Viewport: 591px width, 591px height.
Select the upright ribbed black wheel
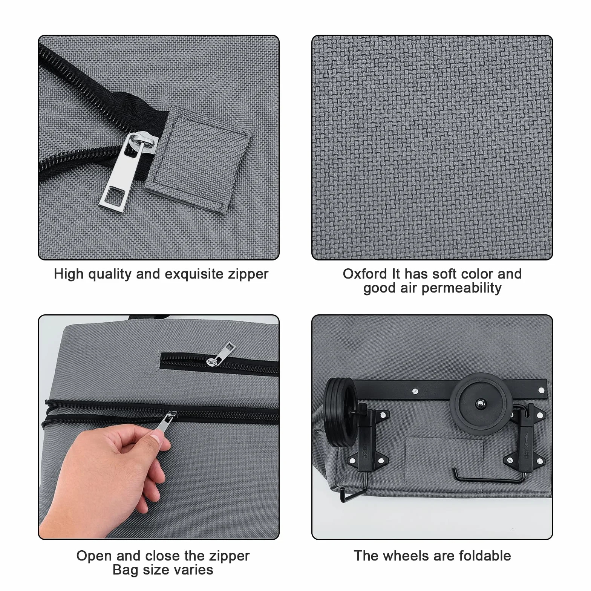(x=340, y=412)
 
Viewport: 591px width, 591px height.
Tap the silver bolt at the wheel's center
(x=481, y=404)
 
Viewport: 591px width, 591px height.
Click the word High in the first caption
(x=69, y=274)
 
